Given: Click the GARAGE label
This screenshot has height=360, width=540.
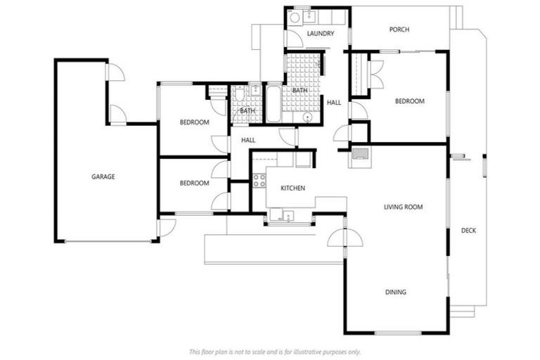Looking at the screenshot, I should click(x=103, y=176).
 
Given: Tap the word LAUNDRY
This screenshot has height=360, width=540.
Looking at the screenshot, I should click(x=320, y=33).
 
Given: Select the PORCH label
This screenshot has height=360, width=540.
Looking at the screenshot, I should click(x=399, y=30).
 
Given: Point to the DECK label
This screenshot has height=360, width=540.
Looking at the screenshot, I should click(x=468, y=230).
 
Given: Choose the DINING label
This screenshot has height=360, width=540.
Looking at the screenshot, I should click(x=395, y=292).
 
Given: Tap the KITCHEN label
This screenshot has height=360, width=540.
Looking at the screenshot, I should click(x=292, y=188).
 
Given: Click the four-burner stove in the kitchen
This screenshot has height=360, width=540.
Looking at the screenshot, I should click(x=259, y=180).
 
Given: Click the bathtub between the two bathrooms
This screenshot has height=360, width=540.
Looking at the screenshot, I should click(x=272, y=104).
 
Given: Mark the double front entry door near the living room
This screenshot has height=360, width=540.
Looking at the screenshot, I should click(x=345, y=237).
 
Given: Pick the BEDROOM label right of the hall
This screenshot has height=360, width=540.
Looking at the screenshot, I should click(x=409, y=101).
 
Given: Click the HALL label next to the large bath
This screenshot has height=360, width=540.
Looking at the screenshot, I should click(x=334, y=103).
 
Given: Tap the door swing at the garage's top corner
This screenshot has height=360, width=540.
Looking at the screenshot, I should click(x=115, y=71).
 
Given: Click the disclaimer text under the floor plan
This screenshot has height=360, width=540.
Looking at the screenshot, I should click(x=275, y=351).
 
